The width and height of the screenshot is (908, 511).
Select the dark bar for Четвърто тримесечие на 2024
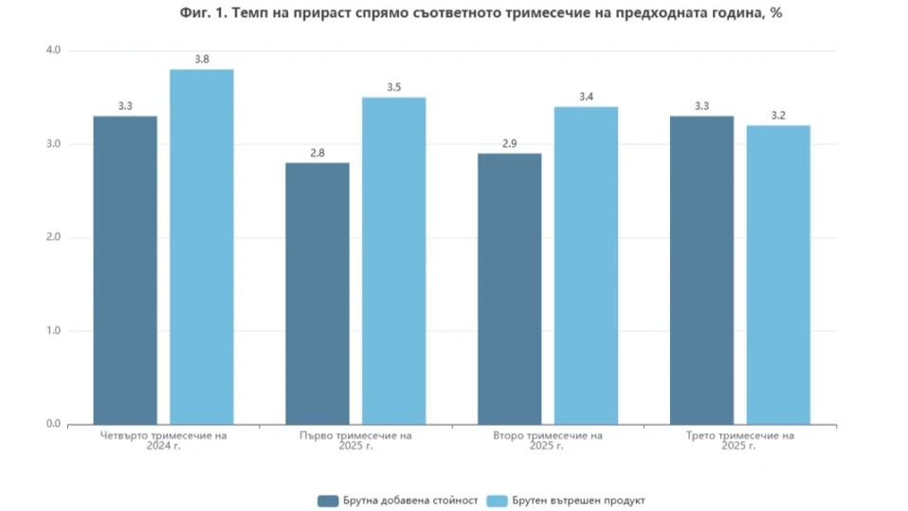(125, 270)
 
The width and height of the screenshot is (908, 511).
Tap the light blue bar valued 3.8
(202, 246)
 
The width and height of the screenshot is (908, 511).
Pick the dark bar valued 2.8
(318, 294)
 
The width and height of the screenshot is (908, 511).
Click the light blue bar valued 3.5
(394, 261)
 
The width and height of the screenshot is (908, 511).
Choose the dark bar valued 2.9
(510, 289)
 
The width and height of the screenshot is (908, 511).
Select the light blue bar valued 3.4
(586, 265)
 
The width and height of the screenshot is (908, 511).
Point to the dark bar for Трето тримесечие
(701, 270)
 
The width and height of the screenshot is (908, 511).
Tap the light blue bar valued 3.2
(778, 275)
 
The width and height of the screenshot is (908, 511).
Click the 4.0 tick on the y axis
(53, 50)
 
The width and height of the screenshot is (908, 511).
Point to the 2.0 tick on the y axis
(53, 237)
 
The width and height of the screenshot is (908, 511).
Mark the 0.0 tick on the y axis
(53, 424)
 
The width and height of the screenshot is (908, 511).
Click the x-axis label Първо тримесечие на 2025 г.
(355, 441)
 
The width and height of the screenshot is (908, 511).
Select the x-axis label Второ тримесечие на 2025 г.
(548, 441)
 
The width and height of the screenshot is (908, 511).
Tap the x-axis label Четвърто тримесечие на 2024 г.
(163, 441)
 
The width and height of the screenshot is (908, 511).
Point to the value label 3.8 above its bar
(202, 60)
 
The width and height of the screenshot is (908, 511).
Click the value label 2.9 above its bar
(510, 143)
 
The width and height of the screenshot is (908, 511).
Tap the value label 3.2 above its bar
(778, 116)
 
